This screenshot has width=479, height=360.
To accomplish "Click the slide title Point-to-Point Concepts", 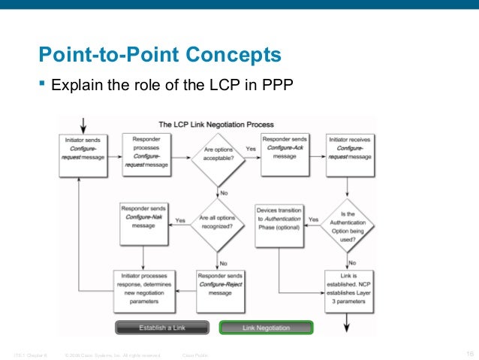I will (160, 55).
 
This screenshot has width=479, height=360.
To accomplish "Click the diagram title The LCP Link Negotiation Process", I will (215, 124).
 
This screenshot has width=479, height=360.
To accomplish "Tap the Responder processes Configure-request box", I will (146, 154).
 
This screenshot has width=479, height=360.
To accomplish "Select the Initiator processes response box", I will (146, 289).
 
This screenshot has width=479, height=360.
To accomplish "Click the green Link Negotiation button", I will (265, 328).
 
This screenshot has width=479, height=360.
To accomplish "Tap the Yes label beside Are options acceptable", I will (251, 149).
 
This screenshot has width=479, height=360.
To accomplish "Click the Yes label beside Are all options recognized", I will (180, 220).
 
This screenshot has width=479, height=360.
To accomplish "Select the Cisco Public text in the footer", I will (195, 354).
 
